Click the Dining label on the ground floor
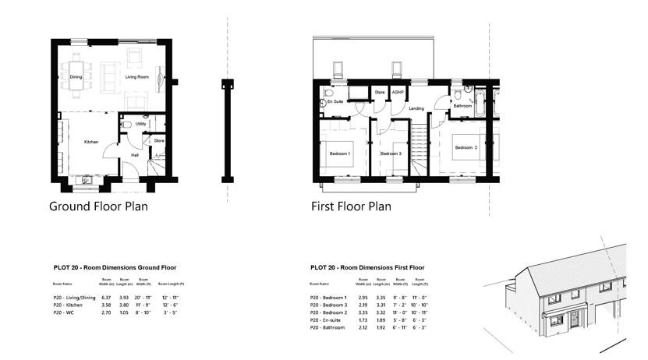pos(76,77)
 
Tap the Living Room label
pos(137,77)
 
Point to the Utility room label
pos(140,124)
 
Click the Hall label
pos(135,155)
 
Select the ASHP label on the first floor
pos(396,93)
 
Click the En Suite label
pos(335,102)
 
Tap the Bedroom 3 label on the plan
pos(391,154)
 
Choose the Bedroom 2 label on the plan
pos(466,147)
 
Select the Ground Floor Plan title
pos(98,206)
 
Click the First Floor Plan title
pos(351,206)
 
